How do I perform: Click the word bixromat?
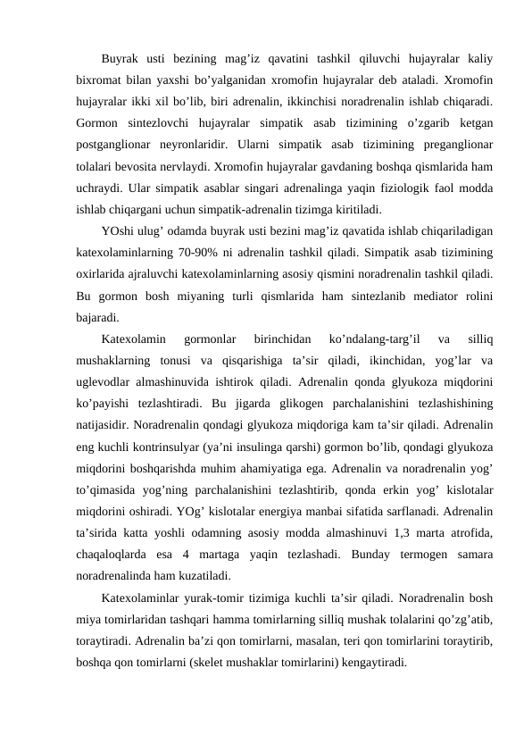tap(98, 78)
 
